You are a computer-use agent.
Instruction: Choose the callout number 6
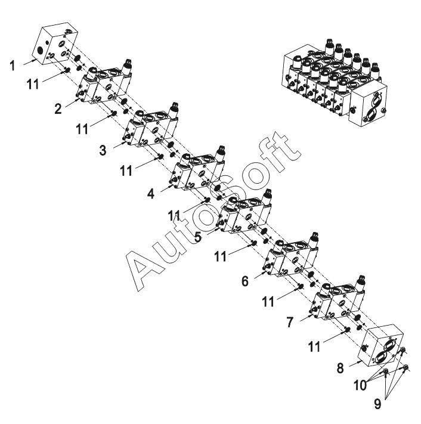[x=244, y=280]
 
